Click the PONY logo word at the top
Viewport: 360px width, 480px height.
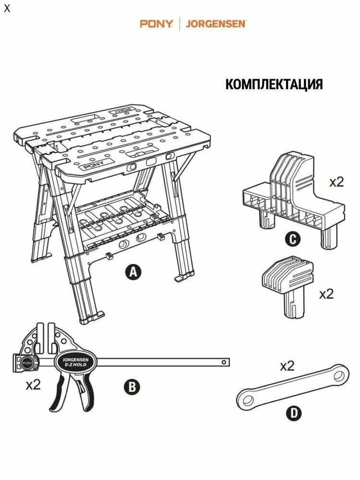pyautogui.click(x=156, y=24)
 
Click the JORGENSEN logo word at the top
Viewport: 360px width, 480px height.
pyautogui.click(x=216, y=24)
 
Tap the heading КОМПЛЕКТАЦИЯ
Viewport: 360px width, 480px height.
pyautogui.click(x=274, y=84)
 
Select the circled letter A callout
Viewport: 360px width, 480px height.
pyautogui.click(x=133, y=272)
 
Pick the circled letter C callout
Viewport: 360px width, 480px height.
pyautogui.click(x=293, y=239)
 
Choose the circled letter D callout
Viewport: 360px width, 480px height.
pyautogui.click(x=294, y=414)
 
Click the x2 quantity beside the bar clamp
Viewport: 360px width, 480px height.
pyautogui.click(x=33, y=385)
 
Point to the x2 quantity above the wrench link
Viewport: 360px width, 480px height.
pyautogui.click(x=287, y=366)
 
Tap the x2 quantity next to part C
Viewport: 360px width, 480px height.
pyautogui.click(x=336, y=182)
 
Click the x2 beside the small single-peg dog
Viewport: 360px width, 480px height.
pyautogui.click(x=326, y=294)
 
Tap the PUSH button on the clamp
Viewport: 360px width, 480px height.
pyautogui.click(x=26, y=363)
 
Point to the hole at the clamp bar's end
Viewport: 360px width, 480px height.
pyautogui.click(x=224, y=362)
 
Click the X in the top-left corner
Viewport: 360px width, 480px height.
pyautogui.click(x=7, y=8)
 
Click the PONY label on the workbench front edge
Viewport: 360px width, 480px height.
pyautogui.click(x=94, y=165)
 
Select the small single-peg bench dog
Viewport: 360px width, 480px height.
pyautogui.click(x=288, y=287)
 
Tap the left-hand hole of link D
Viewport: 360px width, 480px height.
pyautogui.click(x=247, y=400)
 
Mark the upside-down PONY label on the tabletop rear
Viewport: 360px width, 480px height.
pyautogui.click(x=121, y=110)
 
